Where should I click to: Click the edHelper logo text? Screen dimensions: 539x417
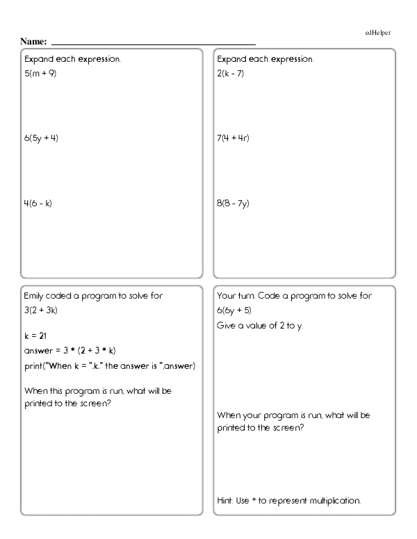377,33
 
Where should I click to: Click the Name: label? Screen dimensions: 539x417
33,43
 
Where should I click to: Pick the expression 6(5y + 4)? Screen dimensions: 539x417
41,138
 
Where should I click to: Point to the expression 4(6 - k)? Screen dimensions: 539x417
38,204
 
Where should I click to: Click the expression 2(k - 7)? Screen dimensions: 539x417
231,72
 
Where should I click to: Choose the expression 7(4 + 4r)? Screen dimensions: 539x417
234,138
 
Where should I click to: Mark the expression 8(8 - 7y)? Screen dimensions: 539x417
234,204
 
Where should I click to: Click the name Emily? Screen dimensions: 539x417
34,295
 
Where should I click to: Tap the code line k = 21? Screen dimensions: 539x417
35,335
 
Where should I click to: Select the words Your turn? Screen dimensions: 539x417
234,295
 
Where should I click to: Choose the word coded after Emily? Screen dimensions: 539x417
62,295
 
